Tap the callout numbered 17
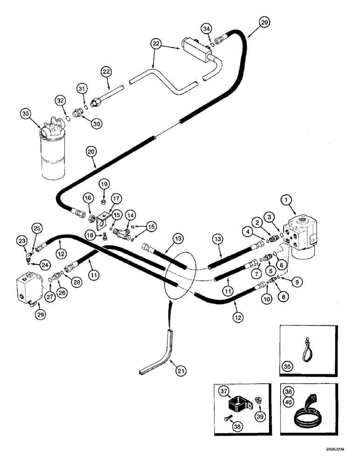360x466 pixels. tap(116, 198)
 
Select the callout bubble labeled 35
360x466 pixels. tap(289, 367)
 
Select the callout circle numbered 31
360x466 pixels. tap(82, 89)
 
